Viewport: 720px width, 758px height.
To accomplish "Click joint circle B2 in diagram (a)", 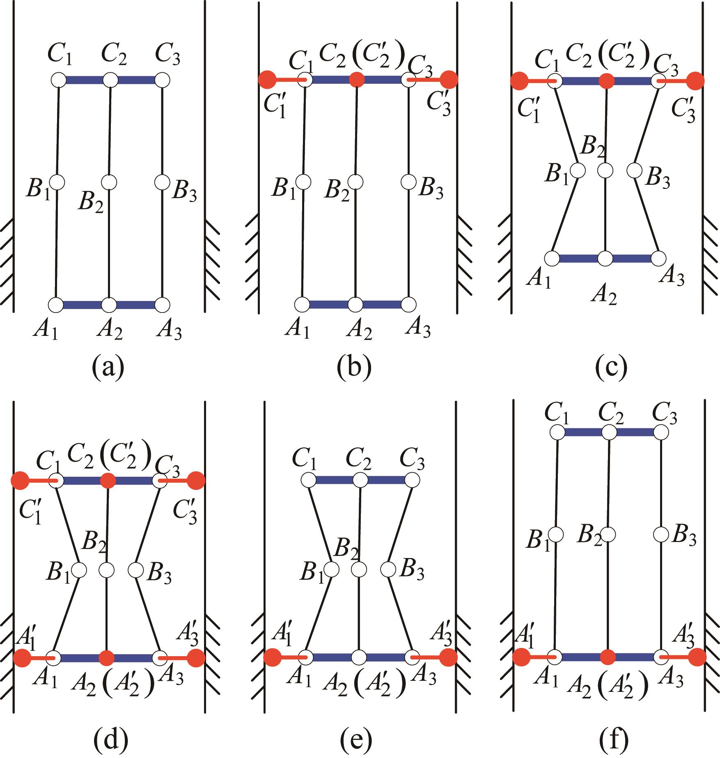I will point(109,182).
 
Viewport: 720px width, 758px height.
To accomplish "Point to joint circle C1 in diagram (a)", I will point(59,80).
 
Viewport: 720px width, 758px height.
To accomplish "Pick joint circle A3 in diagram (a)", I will point(163,305).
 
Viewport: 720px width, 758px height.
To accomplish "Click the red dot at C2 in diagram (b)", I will point(357,80).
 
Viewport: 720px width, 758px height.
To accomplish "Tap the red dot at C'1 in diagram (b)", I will point(267,79).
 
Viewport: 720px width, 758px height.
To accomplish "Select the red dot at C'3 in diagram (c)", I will point(696,81).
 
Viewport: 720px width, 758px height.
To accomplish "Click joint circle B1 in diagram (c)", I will point(578,170).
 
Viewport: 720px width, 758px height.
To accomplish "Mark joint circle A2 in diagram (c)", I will point(605,258).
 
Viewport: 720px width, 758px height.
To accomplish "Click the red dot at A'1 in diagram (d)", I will point(22,658).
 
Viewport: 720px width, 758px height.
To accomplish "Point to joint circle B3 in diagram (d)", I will point(135,570).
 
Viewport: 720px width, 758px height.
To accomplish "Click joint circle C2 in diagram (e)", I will point(360,479).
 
